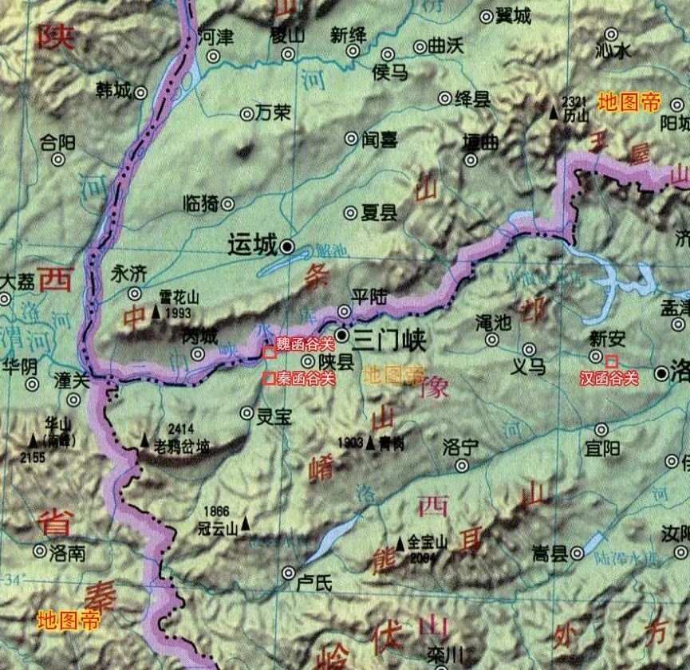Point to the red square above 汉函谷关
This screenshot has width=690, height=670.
(x=611, y=361)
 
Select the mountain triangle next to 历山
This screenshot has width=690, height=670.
(x=554, y=114)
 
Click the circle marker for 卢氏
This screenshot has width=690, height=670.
(x=289, y=572)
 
